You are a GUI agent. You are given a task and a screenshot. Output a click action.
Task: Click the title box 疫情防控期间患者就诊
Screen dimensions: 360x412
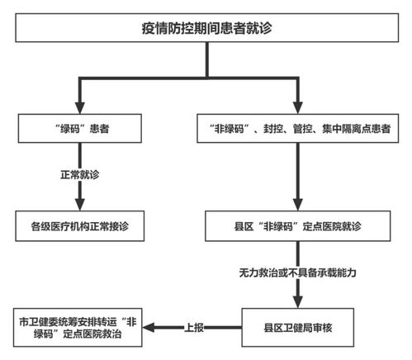[x=206, y=29]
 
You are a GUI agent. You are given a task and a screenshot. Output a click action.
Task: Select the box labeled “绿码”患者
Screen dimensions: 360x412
[x=80, y=129]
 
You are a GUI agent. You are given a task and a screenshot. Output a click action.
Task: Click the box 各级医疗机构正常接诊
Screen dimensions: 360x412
[x=80, y=225]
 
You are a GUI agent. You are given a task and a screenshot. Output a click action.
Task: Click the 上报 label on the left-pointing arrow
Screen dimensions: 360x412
[x=195, y=325]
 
